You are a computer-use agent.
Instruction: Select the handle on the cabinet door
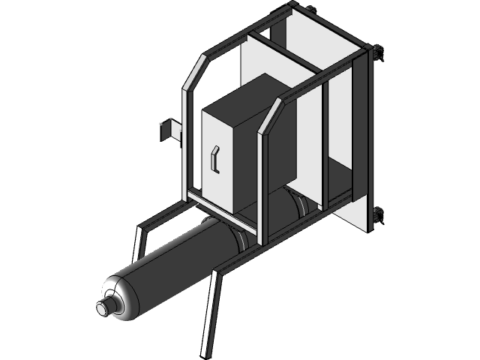[x=214, y=160]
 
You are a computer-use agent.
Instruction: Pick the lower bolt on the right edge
[x=377, y=216]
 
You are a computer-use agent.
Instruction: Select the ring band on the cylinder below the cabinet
[x=241, y=240]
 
